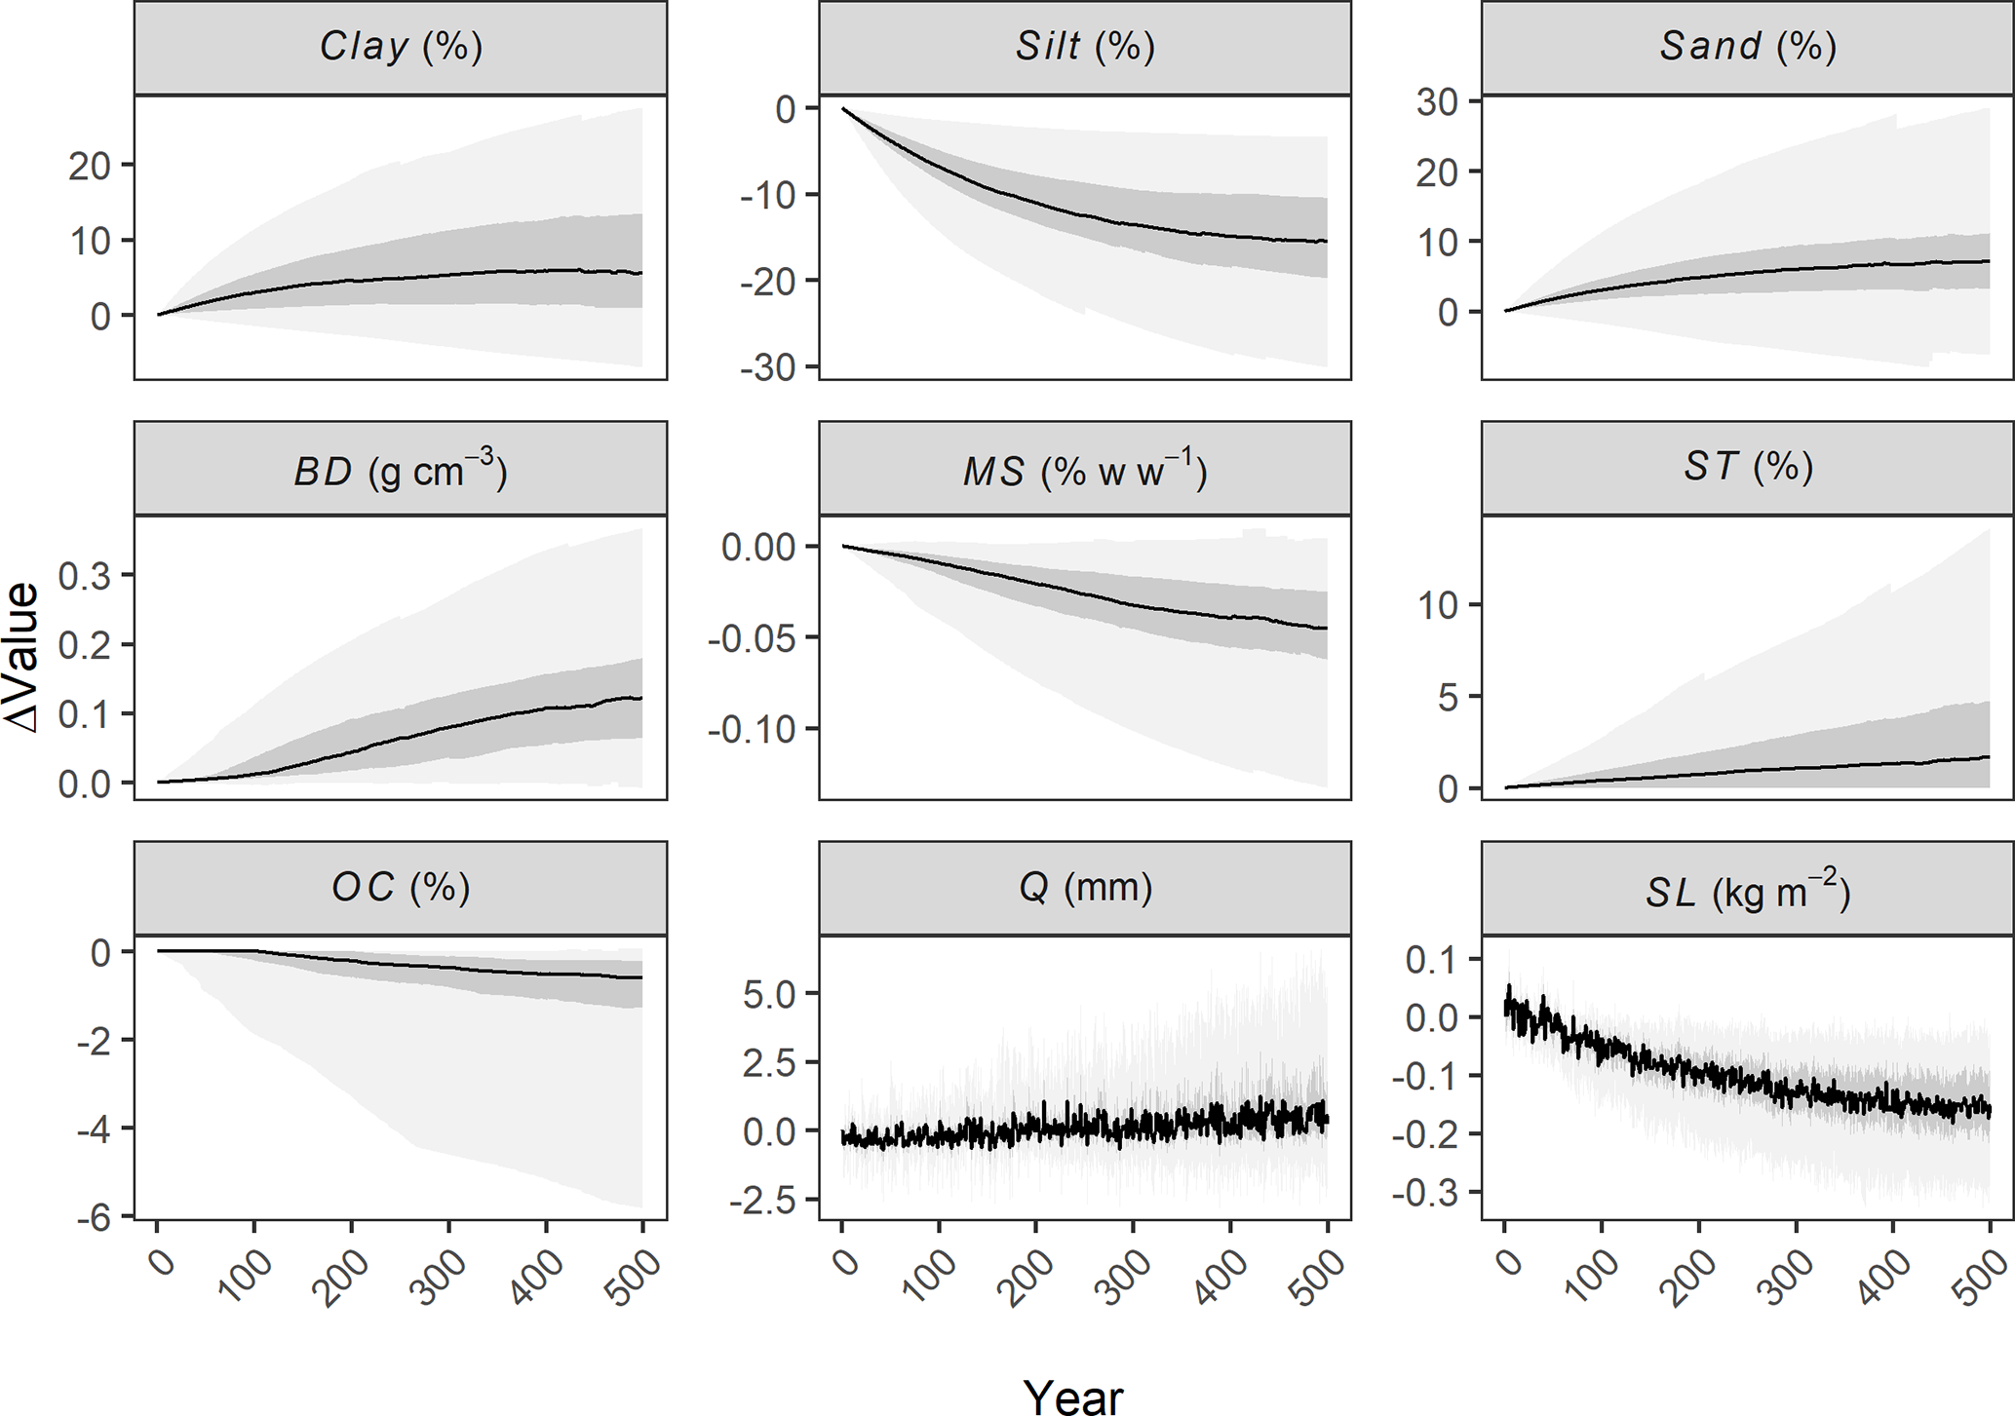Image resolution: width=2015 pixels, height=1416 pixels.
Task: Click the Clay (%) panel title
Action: [401, 47]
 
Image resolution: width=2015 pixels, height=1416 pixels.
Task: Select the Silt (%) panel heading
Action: [1085, 47]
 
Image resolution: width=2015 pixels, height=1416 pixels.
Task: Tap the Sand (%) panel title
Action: [1748, 47]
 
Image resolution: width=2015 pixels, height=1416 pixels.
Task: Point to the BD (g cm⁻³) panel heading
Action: [401, 470]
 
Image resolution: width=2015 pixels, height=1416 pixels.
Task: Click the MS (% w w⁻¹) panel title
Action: [1085, 471]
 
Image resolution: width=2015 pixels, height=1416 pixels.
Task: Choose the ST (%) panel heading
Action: [1748, 467]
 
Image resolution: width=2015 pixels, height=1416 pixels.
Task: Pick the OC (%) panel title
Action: [401, 888]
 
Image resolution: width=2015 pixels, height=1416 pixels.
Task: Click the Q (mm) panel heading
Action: [1085, 888]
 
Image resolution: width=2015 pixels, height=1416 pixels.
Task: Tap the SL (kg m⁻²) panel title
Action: [1748, 890]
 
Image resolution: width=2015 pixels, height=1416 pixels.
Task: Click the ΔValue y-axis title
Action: [21, 657]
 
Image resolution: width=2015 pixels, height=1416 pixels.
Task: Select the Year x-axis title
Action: [1073, 1396]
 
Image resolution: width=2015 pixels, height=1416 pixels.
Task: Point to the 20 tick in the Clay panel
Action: [89, 167]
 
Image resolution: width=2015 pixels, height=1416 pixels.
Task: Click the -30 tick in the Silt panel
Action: [768, 367]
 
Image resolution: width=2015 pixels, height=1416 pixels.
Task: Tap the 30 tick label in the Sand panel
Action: [1436, 101]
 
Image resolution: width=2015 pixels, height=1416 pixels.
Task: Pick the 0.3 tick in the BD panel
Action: [84, 576]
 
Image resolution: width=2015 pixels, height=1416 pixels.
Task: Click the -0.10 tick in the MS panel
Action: [752, 729]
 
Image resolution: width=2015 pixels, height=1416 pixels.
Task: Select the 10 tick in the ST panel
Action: [1439, 605]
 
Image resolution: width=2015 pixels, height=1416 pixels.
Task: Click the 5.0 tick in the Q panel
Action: [769, 995]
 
